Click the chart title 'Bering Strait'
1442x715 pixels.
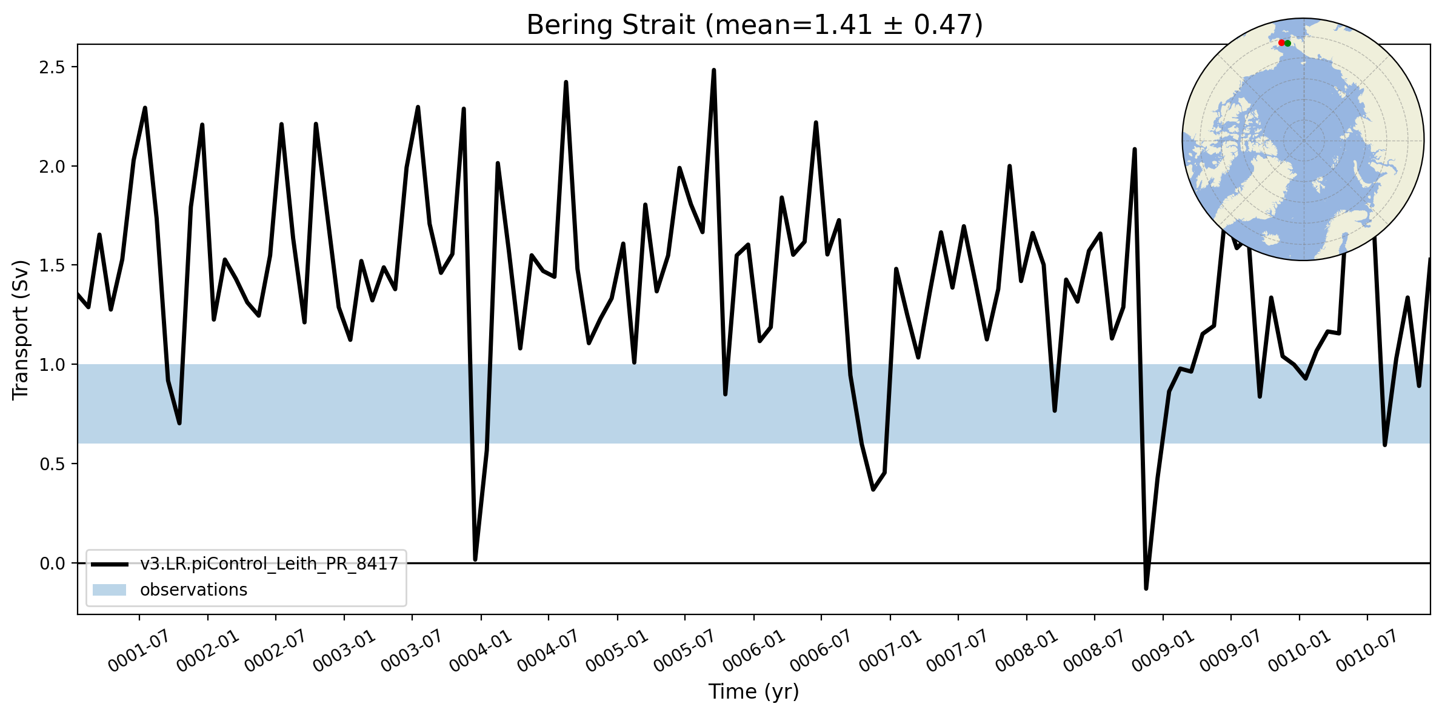click(610, 25)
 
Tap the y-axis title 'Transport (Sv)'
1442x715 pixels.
click(21, 330)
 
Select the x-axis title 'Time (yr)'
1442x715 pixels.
click(754, 691)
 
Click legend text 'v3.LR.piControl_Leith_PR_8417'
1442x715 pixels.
click(269, 564)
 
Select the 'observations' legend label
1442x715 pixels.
click(193, 590)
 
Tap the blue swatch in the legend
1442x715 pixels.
click(109, 590)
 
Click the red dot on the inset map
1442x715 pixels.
click(1281, 43)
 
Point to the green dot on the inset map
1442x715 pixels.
click(1287, 43)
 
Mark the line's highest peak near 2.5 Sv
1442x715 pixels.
click(713, 70)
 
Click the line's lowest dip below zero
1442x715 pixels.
click(1146, 588)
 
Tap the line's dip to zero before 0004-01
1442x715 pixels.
click(475, 559)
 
